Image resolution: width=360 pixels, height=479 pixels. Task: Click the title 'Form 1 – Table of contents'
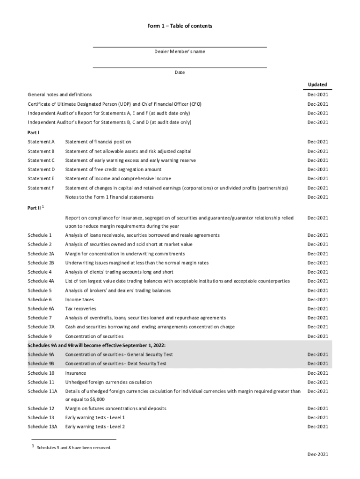[x=180, y=26]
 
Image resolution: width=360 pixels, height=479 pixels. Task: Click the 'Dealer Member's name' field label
[x=180, y=51]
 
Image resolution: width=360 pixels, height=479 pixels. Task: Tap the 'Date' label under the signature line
[x=180, y=73]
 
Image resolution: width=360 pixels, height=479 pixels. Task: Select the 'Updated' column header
[x=317, y=85]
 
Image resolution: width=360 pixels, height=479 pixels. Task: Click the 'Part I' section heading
[x=33, y=132]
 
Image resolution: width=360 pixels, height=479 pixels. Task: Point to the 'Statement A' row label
[x=41, y=142]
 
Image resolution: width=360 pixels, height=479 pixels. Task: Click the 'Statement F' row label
[x=41, y=188]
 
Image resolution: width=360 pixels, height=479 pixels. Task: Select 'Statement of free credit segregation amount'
[x=113, y=169]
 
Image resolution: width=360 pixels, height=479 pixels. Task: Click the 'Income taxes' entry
[x=79, y=299]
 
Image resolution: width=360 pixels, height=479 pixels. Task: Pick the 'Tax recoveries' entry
[x=81, y=309]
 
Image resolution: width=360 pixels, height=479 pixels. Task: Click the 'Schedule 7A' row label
[x=41, y=327]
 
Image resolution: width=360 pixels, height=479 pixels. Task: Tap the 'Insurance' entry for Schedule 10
[x=76, y=373]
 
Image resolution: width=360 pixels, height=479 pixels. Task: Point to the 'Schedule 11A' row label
[x=42, y=391]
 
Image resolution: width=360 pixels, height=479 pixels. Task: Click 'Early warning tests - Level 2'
[x=95, y=427]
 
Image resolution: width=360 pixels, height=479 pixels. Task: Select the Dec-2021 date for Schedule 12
[x=317, y=408]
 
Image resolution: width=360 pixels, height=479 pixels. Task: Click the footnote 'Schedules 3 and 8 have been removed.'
[x=74, y=448]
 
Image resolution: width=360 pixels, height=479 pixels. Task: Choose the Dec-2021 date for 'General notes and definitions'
[x=317, y=95]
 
